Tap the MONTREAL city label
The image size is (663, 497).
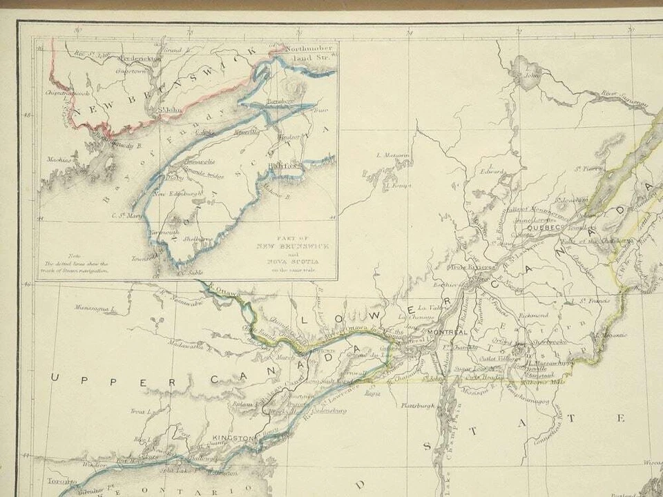[x=443, y=333]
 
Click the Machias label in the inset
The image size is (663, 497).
[x=59, y=160]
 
